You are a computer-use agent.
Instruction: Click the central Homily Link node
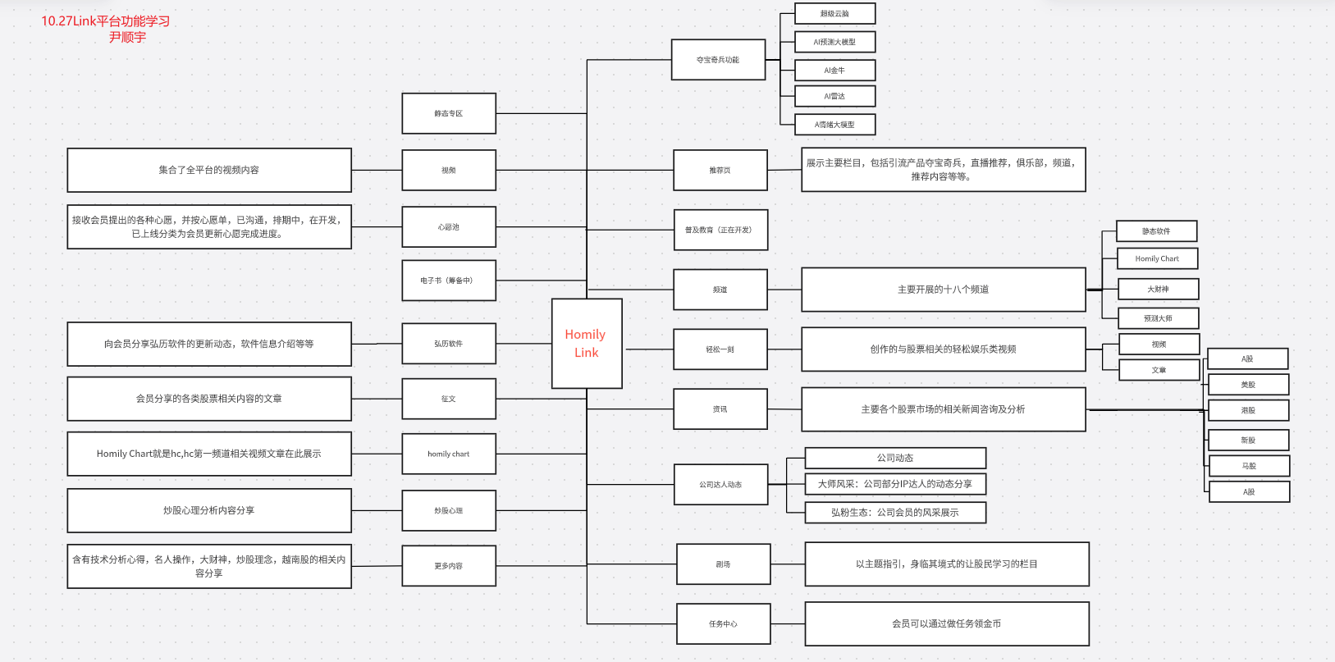pyautogui.click(x=586, y=343)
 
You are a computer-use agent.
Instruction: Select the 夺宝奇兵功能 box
pyautogui.click(x=718, y=60)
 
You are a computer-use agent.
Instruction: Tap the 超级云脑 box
pyautogui.click(x=834, y=14)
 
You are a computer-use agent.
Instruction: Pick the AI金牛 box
pyautogui.click(x=834, y=71)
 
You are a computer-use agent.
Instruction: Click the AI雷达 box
pyautogui.click(x=834, y=96)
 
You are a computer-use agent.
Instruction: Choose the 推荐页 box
pyautogui.click(x=720, y=171)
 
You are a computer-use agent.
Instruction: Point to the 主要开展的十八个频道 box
pyautogui.click(x=943, y=290)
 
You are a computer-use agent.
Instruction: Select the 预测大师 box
pyautogui.click(x=1158, y=318)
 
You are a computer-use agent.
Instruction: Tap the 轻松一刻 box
pyautogui.click(x=720, y=349)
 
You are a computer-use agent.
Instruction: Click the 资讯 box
pyautogui.click(x=720, y=409)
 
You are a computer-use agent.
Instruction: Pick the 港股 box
pyautogui.click(x=1248, y=410)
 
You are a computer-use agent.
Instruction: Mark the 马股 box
pyautogui.click(x=1248, y=466)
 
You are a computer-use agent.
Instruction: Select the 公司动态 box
pyautogui.click(x=894, y=458)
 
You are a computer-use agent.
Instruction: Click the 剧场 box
pyautogui.click(x=723, y=564)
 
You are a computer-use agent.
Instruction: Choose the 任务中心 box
pyautogui.click(x=723, y=624)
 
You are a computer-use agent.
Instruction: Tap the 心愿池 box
pyautogui.click(x=448, y=227)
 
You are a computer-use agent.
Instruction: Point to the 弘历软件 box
pyautogui.click(x=448, y=344)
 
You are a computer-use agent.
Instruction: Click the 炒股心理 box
pyautogui.click(x=448, y=510)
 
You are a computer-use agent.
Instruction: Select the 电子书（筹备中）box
pyautogui.click(x=448, y=281)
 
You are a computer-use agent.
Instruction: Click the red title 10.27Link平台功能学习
pyautogui.click(x=106, y=21)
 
